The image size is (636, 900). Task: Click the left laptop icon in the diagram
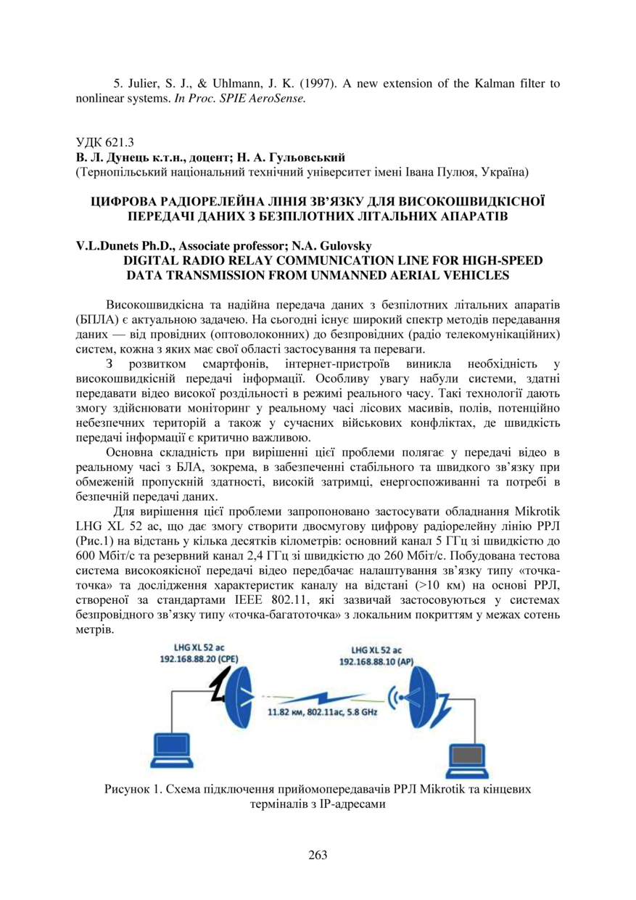(x=172, y=750)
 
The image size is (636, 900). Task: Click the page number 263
(x=318, y=854)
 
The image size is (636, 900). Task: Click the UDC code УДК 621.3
(x=105, y=142)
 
